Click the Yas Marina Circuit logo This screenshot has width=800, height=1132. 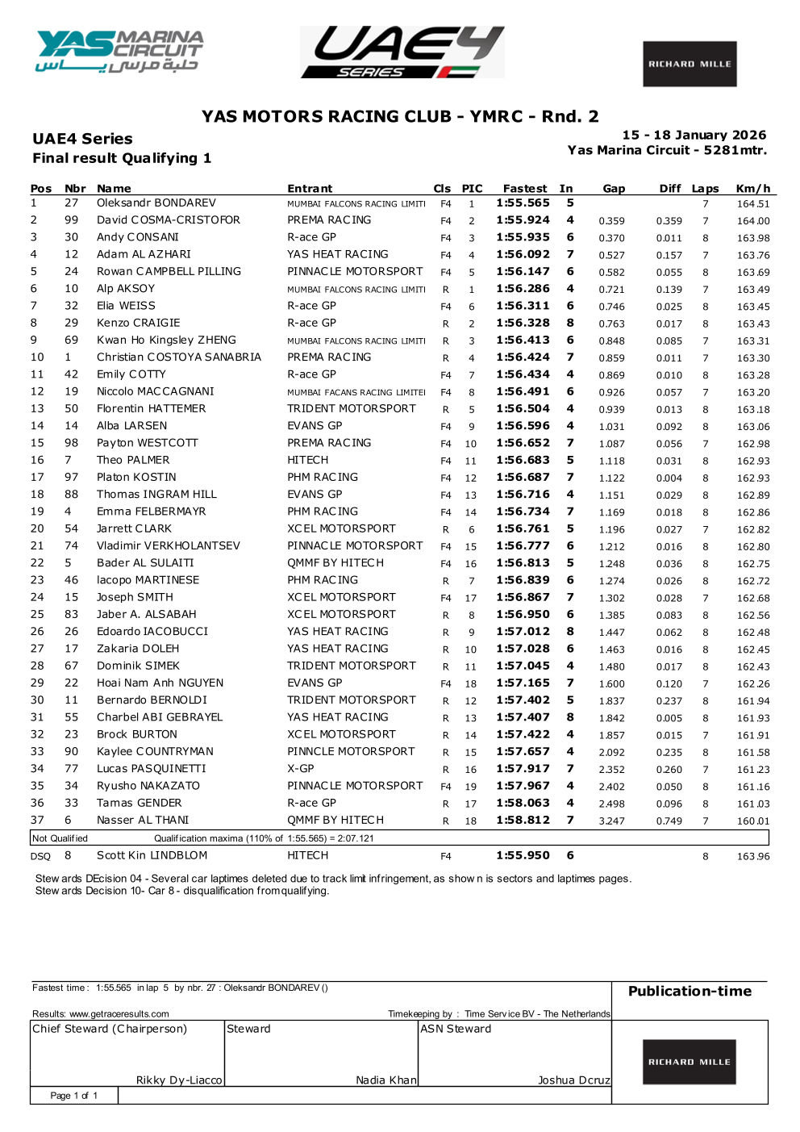point(119,52)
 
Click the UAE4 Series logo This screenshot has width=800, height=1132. point(402,52)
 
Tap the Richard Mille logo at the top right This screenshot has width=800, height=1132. point(690,64)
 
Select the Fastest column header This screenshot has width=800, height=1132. point(524,189)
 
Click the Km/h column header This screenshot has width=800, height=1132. point(752,189)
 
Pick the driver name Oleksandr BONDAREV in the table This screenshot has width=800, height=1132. point(156,203)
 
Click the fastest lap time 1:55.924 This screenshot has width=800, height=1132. point(523,220)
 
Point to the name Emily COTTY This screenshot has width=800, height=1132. point(131,374)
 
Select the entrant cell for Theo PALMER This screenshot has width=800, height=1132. point(308,460)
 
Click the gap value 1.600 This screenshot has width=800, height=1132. point(611,683)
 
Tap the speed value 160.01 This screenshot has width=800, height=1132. point(752,821)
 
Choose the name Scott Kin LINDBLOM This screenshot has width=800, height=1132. point(152,855)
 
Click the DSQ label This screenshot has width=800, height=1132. point(40,856)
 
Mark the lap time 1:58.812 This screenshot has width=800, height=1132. point(523,821)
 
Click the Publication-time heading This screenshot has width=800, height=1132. point(690,992)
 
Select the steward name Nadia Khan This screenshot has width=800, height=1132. point(386,1080)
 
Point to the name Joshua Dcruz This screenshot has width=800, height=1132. point(573,1080)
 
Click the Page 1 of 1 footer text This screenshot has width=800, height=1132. point(73,1096)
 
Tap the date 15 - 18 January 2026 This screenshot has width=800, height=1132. point(694,136)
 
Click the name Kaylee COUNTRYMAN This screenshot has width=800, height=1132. point(155,752)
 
